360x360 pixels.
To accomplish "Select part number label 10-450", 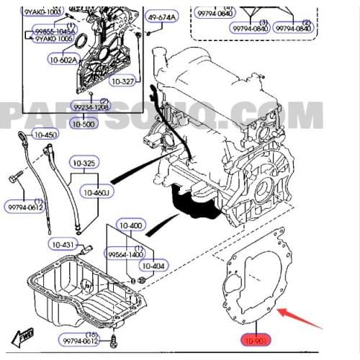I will pyautogui.click(x=45, y=135).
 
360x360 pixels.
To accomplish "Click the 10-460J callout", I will pyautogui.click(x=95, y=193).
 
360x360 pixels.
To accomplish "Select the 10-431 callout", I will pyautogui.click(x=66, y=246).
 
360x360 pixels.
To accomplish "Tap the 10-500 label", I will pyautogui.click(x=84, y=124).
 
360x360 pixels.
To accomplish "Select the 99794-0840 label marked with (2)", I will pyautogui.click(x=294, y=28).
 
